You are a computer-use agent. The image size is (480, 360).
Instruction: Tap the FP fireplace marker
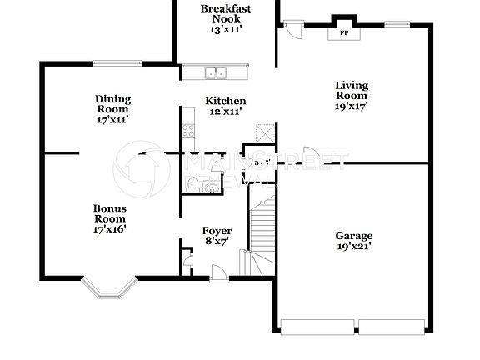click(x=343, y=33)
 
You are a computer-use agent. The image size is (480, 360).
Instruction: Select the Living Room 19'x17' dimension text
click(x=352, y=106)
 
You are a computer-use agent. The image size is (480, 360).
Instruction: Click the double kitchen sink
click(x=217, y=74)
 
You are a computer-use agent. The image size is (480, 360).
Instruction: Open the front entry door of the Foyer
click(x=218, y=272)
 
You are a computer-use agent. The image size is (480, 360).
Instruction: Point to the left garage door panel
click(x=317, y=326)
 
